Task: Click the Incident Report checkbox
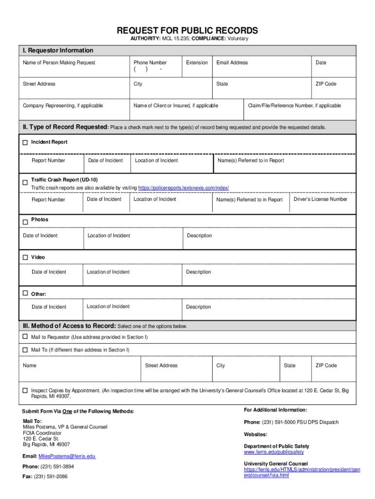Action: pos(25,143)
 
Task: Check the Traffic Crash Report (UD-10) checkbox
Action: pos(25,182)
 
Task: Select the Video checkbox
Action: pos(25,257)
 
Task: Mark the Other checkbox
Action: pos(25,293)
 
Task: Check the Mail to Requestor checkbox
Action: pos(25,337)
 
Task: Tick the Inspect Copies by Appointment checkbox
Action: pos(25,390)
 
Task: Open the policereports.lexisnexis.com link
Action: pos(184,188)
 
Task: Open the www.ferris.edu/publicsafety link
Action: pos(274,452)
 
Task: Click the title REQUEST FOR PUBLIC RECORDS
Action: pos(187,30)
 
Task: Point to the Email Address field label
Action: pos(232,62)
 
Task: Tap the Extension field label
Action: pos(197,62)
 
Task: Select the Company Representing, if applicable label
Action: pos(63,106)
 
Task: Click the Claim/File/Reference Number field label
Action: pos(294,106)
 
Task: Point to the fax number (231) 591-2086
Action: pos(51,477)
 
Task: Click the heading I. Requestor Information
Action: pos(57,51)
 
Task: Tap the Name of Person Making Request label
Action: pos(59,62)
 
